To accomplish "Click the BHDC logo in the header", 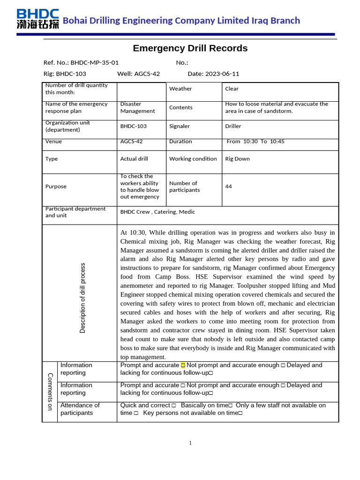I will tap(37, 19).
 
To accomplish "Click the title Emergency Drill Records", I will tap(190, 48).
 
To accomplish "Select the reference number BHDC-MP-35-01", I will tap(95, 62).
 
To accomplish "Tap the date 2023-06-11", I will tap(222, 74).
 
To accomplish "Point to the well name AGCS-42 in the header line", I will tap(147, 74).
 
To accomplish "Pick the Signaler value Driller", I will tap(233, 126).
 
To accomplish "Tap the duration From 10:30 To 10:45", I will tap(255, 141).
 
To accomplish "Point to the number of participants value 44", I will tap(228, 187).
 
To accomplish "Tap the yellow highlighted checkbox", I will tap(183, 365).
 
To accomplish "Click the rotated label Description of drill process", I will tap(82, 298).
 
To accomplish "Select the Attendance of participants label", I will tap(80, 409).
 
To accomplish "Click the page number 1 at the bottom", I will tap(190, 443).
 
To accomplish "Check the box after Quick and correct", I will tap(173, 405).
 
